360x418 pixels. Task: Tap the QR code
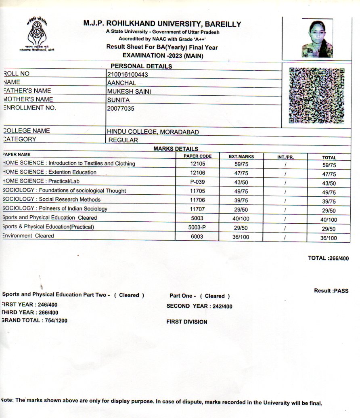[x=317, y=95]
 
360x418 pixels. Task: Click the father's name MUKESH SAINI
[x=129, y=91]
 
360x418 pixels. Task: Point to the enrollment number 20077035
[x=121, y=108]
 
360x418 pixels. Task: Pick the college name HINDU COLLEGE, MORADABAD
[x=153, y=132]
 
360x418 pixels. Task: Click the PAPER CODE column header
[x=197, y=156]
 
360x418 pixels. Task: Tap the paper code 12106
[x=198, y=172]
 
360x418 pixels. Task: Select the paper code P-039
[x=198, y=182]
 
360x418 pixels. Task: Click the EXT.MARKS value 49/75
[x=241, y=191]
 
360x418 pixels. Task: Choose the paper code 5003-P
[x=197, y=227]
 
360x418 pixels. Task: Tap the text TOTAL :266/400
[x=328, y=258]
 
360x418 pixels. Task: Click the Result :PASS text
[x=331, y=291]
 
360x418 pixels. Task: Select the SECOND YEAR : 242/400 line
[x=199, y=306]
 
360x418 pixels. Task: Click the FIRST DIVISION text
[x=187, y=322]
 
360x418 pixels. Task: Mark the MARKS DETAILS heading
[x=176, y=149]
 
